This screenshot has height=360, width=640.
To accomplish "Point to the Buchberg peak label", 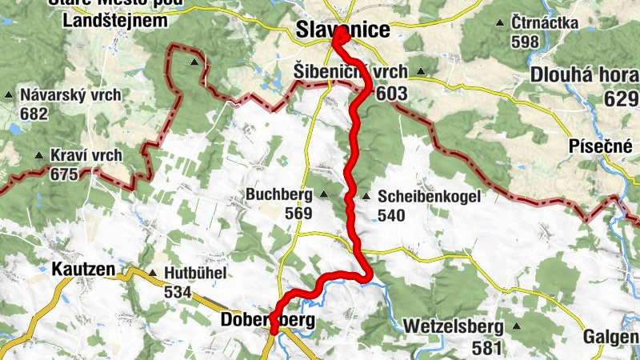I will point(281,194).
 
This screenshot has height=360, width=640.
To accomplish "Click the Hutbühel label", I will point(195,273).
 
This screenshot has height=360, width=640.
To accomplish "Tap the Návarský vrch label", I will point(71,94).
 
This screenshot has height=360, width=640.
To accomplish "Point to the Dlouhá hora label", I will point(583,77).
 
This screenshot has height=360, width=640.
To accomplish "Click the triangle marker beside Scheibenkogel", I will point(366,196).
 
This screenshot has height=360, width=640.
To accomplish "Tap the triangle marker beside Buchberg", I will point(324,194).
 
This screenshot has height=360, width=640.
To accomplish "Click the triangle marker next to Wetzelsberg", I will point(518,326).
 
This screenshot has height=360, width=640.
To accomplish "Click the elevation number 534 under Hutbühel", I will point(178,292).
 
